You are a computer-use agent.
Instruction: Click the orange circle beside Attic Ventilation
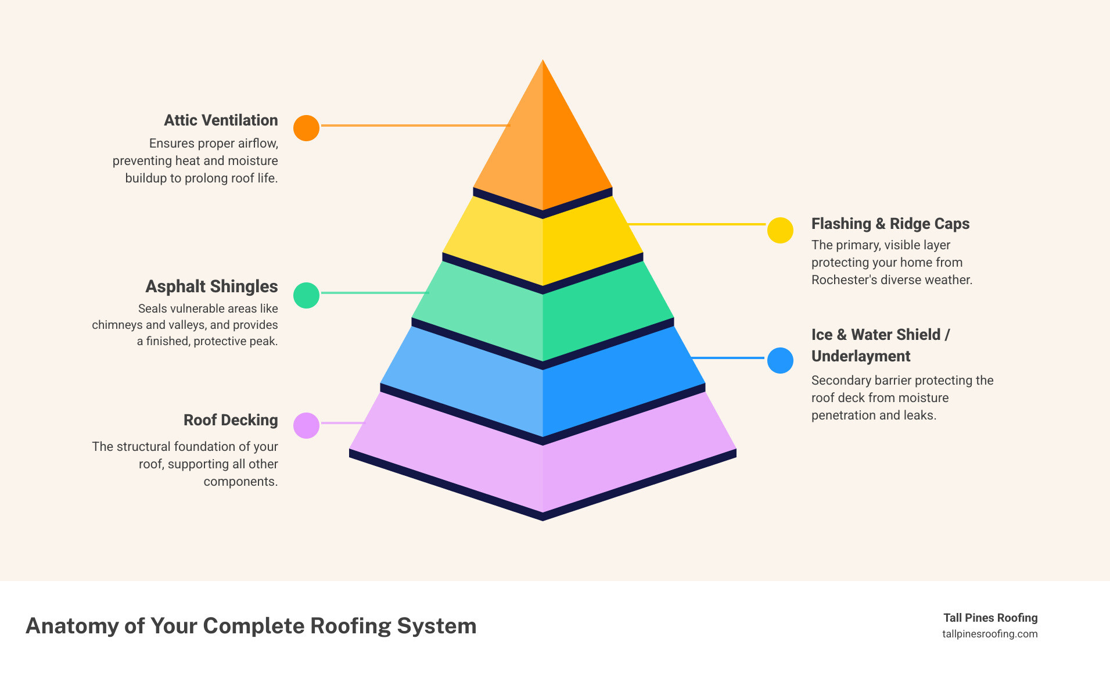tap(306, 128)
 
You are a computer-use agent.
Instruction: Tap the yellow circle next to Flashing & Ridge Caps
tap(780, 231)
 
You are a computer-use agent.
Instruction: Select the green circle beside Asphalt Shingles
tap(306, 295)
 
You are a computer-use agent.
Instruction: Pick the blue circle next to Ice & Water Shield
tap(780, 360)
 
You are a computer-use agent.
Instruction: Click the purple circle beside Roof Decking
tap(306, 425)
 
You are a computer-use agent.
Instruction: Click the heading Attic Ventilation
tap(221, 120)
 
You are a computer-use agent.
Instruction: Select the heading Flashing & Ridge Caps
tap(890, 224)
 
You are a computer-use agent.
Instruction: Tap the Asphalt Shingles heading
tap(211, 286)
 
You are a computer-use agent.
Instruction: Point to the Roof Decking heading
tap(231, 420)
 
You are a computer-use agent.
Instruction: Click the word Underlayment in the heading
tap(860, 356)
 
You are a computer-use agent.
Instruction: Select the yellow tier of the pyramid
tap(543, 244)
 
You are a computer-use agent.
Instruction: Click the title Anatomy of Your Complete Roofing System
tap(251, 626)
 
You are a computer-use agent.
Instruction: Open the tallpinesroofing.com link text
tap(990, 634)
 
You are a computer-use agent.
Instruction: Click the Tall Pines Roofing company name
tap(990, 618)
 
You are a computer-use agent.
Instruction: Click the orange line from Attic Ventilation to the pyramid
tap(415, 126)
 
